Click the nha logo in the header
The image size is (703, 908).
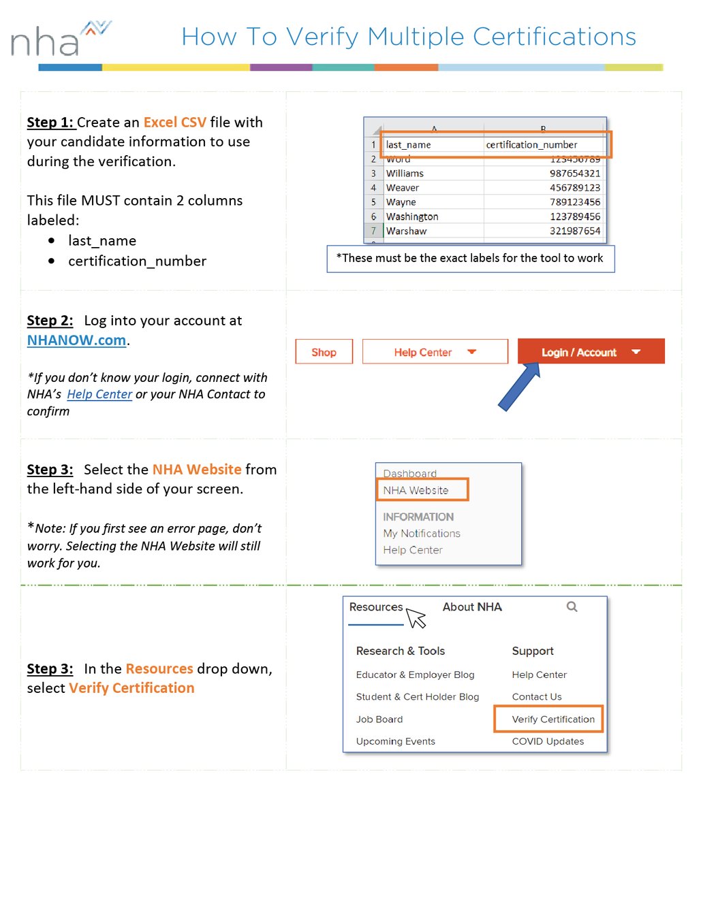click(60, 39)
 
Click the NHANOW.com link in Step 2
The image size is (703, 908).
click(76, 340)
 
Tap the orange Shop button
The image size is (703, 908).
click(324, 352)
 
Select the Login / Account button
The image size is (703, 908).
click(590, 352)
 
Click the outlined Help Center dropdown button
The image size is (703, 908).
click(435, 352)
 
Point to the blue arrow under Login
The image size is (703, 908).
click(519, 387)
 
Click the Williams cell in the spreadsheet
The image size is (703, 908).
click(405, 174)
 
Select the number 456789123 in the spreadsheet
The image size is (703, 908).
click(574, 188)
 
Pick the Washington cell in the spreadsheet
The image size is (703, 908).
click(411, 216)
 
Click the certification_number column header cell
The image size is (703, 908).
click(531, 145)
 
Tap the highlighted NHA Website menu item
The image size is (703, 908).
click(416, 490)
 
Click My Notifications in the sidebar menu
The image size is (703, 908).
click(421, 534)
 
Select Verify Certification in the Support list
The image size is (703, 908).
click(552, 719)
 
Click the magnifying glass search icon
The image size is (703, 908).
click(572, 606)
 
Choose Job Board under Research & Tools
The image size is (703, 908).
click(379, 719)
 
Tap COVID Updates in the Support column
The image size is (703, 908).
click(548, 741)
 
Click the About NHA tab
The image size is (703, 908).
click(471, 607)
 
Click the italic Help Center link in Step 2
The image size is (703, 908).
click(99, 394)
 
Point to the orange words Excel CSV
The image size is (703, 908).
click(174, 123)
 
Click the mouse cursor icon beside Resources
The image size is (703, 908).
click(416, 618)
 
